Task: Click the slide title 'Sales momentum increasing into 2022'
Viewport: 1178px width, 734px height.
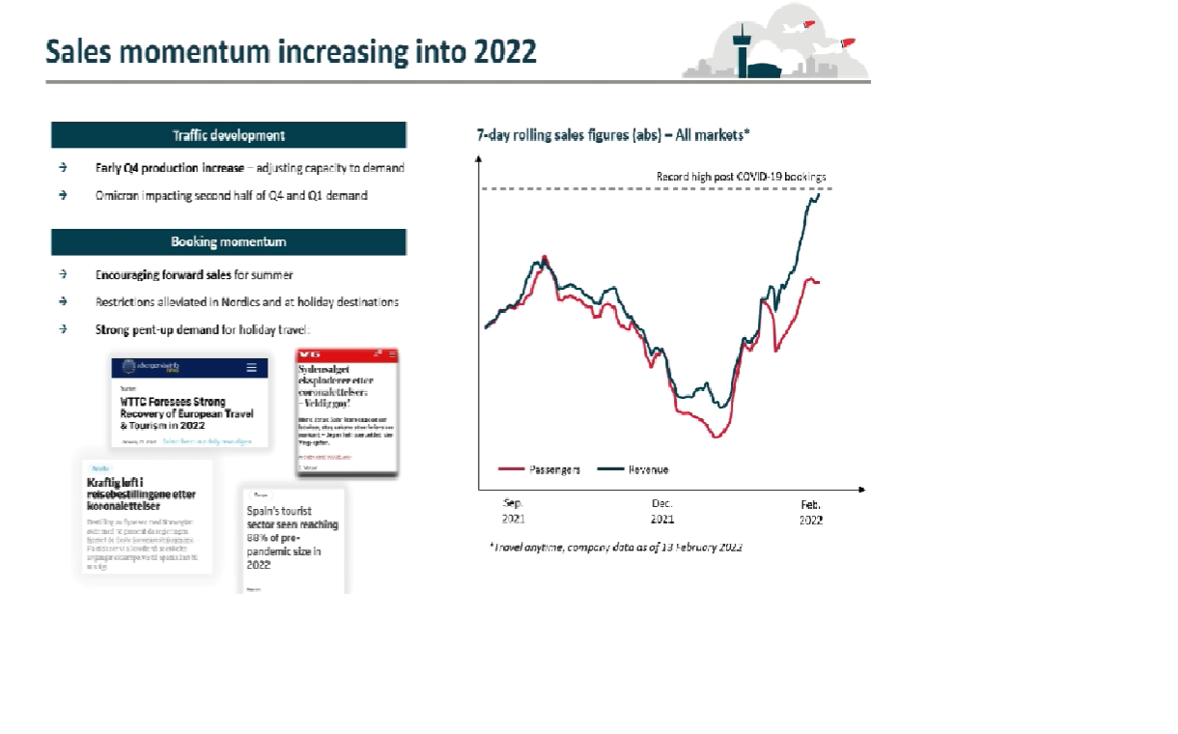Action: (291, 52)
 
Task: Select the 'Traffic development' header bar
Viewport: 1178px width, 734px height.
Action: (229, 135)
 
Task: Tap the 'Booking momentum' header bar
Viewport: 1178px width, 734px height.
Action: (229, 241)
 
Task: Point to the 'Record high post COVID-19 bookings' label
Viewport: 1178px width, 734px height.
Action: (741, 177)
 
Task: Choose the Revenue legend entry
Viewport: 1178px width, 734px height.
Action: (633, 469)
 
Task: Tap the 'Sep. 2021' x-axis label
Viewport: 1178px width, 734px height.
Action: (513, 511)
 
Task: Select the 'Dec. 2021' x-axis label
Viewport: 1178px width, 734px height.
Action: (662, 511)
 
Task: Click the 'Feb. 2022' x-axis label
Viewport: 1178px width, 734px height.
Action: (810, 511)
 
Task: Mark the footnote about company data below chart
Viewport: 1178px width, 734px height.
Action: (616, 548)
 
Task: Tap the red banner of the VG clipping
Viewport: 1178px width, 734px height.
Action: (347, 356)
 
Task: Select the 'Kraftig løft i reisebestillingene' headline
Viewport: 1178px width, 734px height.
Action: (143, 494)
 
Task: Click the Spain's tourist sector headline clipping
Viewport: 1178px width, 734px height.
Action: (294, 538)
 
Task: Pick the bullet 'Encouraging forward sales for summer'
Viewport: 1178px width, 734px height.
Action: (194, 275)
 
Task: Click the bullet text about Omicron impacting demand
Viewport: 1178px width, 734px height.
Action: (232, 195)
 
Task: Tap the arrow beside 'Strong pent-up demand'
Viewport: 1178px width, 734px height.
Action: (63, 329)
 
